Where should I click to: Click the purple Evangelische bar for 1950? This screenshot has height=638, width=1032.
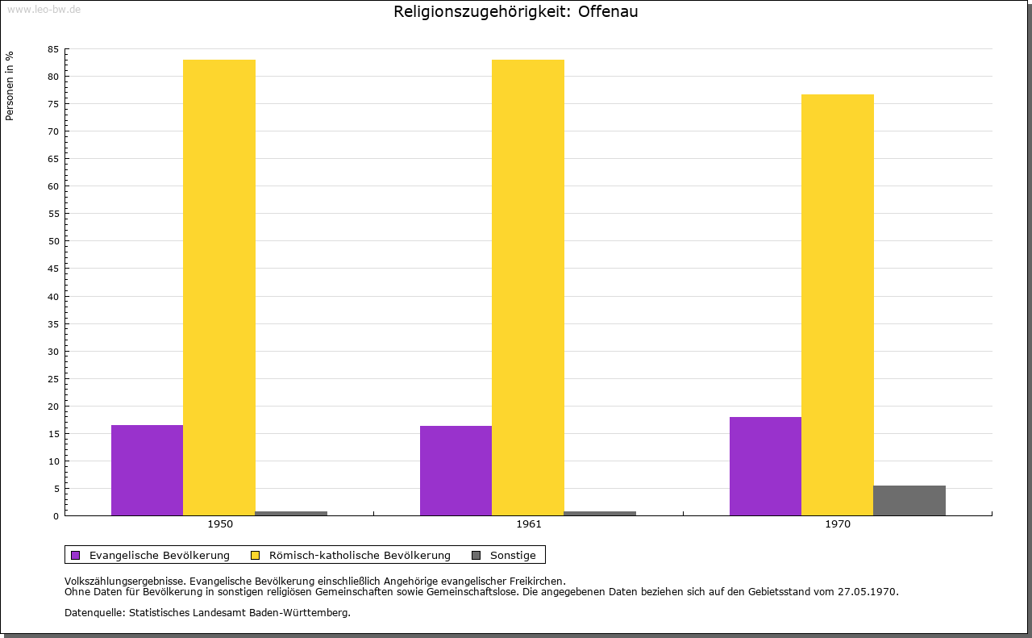[x=147, y=470]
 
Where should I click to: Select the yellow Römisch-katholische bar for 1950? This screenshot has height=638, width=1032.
[x=219, y=287]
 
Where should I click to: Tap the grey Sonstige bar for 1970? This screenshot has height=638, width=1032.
[x=909, y=500]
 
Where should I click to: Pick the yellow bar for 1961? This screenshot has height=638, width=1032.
[x=528, y=287]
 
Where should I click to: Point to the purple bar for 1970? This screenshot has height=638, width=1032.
[x=765, y=466]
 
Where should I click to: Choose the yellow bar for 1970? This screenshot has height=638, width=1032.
[x=837, y=305]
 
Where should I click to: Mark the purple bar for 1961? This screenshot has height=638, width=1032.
[x=456, y=470]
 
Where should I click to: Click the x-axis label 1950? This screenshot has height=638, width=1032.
[x=220, y=524]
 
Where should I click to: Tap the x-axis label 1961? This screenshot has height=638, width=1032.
[x=529, y=524]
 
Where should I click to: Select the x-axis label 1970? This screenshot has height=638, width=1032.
[x=838, y=524]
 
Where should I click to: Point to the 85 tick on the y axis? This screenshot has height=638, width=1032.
[x=53, y=49]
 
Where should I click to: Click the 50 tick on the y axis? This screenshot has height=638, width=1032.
[x=53, y=241]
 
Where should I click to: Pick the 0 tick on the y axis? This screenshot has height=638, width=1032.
[x=56, y=516]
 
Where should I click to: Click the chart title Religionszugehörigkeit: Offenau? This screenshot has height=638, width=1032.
[x=516, y=12]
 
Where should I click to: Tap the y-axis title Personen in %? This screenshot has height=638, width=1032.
[x=10, y=85]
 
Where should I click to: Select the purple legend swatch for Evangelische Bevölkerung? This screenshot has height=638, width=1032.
[x=76, y=555]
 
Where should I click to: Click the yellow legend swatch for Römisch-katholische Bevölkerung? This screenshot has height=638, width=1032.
[x=255, y=555]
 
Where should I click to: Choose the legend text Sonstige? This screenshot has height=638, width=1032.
[x=513, y=555]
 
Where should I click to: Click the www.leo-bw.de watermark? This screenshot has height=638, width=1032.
[x=44, y=9]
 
